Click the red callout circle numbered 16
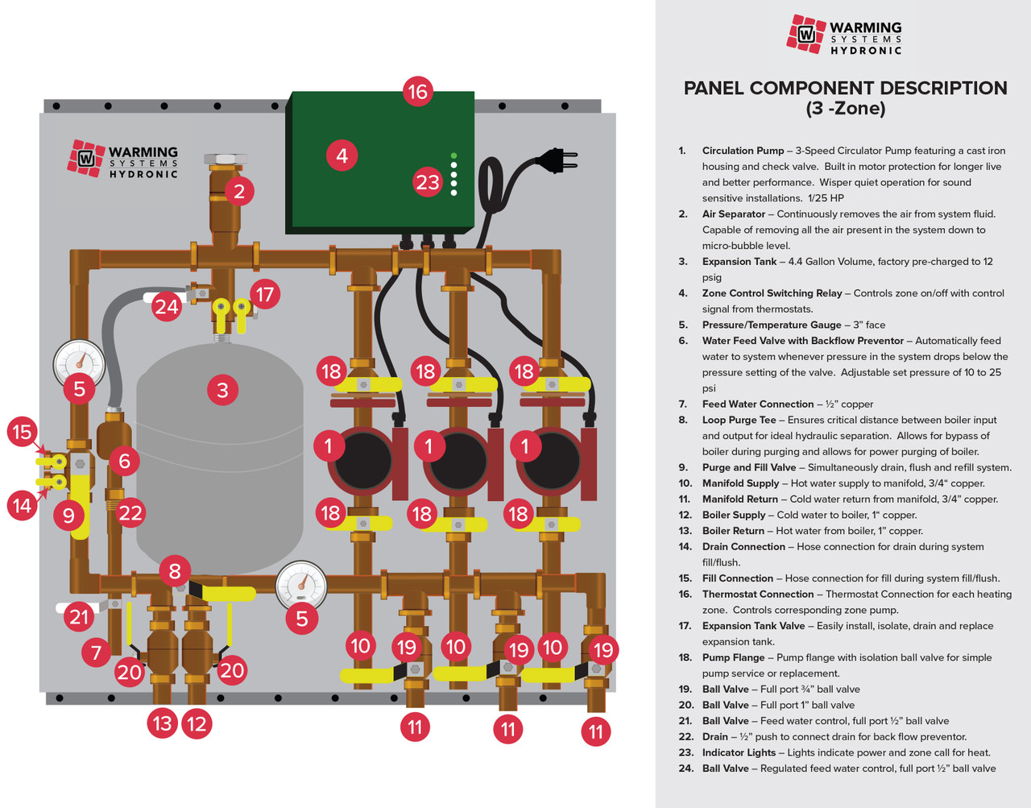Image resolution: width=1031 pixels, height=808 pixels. (417, 91)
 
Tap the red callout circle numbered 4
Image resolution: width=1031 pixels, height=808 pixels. (342, 155)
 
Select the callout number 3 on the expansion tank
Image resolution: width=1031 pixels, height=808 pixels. (223, 390)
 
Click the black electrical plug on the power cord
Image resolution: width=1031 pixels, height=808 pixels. (557, 160)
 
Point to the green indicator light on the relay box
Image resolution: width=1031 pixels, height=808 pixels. (453, 155)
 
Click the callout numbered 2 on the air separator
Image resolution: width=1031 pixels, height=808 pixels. (239, 191)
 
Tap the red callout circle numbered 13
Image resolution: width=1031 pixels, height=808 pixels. (163, 723)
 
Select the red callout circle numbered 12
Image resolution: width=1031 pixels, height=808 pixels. (197, 723)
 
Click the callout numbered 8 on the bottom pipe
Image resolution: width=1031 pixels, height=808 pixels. (175, 570)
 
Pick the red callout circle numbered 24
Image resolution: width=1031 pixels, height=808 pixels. (167, 306)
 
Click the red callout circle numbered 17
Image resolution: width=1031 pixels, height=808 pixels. (265, 295)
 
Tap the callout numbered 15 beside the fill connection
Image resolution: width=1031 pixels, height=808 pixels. (22, 432)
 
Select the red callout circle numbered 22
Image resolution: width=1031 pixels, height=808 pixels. (130, 512)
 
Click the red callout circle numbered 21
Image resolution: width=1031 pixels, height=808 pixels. (79, 617)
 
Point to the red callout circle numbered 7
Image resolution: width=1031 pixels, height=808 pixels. (97, 651)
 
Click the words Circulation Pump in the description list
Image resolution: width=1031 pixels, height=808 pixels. (743, 151)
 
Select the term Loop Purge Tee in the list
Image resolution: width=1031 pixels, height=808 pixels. (739, 420)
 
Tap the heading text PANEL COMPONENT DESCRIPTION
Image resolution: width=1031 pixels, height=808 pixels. (845, 89)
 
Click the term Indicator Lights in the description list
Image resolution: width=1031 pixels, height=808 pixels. (739, 752)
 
